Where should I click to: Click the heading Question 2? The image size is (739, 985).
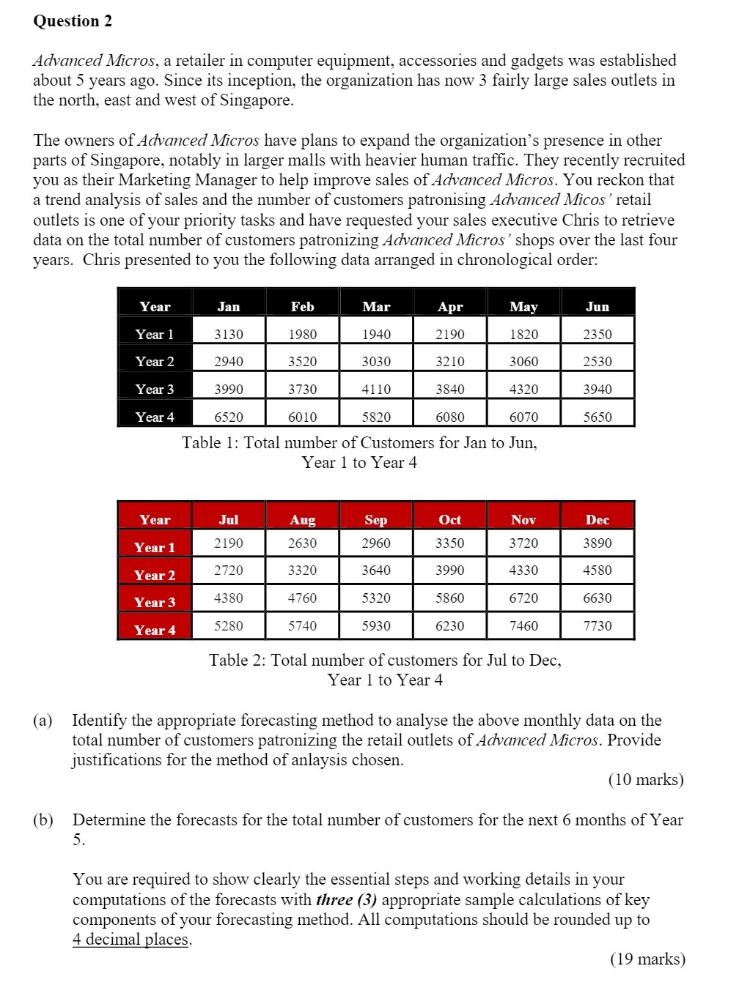click(73, 21)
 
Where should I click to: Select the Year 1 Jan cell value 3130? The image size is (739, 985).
click(229, 335)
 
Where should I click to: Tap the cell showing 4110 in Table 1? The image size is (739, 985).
click(376, 390)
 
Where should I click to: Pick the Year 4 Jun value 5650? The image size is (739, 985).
click(597, 417)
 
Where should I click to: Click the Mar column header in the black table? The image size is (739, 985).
click(376, 307)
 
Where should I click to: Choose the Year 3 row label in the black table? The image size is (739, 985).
click(155, 390)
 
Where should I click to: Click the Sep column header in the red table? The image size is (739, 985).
click(376, 520)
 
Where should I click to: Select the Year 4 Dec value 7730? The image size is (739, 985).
click(597, 626)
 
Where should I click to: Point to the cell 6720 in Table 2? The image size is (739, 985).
click(523, 598)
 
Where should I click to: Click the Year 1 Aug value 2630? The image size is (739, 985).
click(302, 543)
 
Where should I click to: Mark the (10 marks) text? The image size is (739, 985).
click(645, 780)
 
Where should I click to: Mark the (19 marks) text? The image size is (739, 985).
click(647, 959)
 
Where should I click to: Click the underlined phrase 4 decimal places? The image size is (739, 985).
click(131, 940)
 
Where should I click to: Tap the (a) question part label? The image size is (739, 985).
click(43, 721)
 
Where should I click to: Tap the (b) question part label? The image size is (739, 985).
click(43, 820)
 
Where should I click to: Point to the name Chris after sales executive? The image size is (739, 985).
click(581, 220)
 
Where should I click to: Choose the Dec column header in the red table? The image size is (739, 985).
click(597, 520)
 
